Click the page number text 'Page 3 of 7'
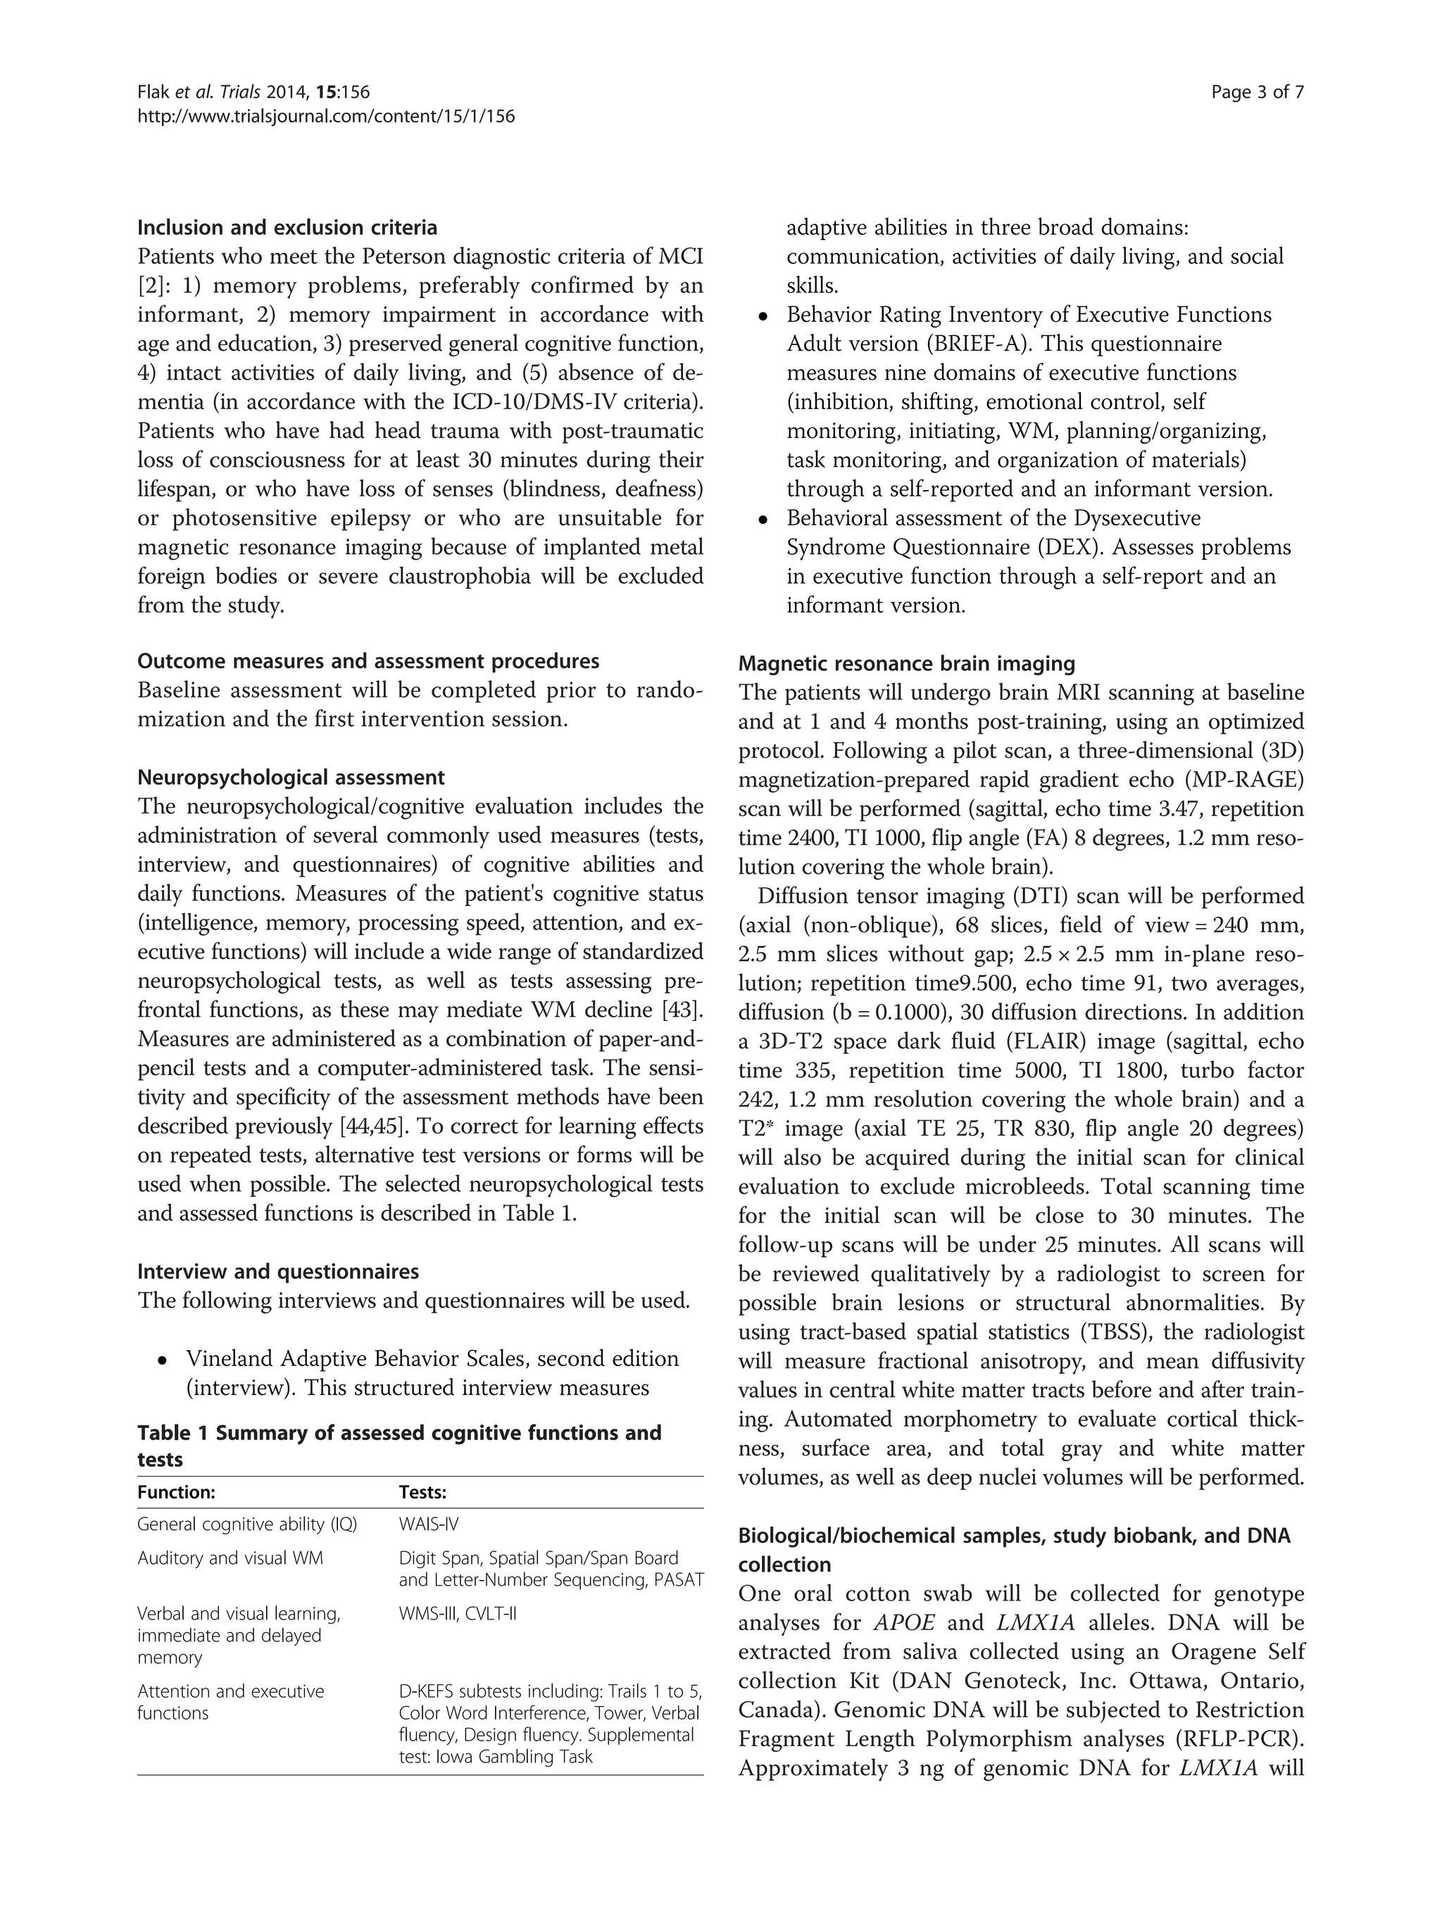click(1257, 93)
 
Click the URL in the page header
click(326, 115)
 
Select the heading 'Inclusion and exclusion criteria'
click(287, 227)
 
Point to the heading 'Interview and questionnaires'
click(277, 1272)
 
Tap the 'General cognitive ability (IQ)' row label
click(247, 1524)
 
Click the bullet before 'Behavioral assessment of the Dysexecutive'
click(763, 520)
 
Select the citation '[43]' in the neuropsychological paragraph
click(682, 1010)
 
